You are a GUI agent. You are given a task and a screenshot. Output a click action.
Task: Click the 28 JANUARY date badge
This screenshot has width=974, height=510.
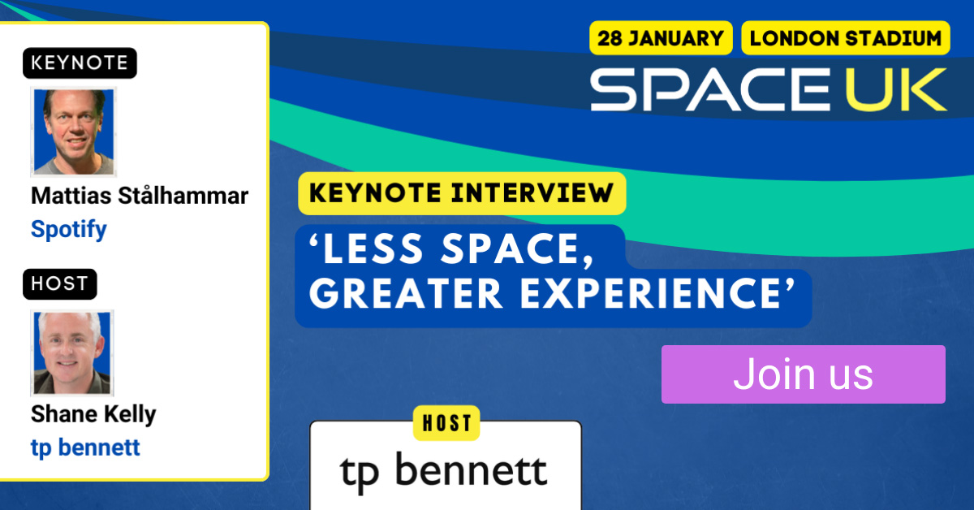(x=661, y=38)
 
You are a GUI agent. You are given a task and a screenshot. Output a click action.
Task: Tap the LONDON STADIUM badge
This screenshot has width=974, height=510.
(x=845, y=38)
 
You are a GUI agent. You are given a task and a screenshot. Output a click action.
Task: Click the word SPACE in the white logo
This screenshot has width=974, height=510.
(x=710, y=89)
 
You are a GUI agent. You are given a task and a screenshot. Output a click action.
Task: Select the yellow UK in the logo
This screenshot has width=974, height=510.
(x=896, y=89)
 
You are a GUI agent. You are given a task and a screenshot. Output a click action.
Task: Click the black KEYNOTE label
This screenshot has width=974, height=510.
(x=80, y=63)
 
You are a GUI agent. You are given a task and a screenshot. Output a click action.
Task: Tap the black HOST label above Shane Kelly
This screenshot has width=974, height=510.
(x=59, y=283)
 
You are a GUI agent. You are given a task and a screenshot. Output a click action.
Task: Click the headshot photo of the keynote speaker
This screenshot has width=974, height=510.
(x=74, y=132)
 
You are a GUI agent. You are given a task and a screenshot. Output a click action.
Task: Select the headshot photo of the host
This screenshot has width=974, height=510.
(x=71, y=352)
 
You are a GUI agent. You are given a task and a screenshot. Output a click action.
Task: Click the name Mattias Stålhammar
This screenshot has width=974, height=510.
(x=140, y=196)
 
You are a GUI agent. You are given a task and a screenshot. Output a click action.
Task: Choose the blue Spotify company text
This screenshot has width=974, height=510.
(x=69, y=229)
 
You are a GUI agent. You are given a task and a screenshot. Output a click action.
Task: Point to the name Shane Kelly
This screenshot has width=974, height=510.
(x=93, y=414)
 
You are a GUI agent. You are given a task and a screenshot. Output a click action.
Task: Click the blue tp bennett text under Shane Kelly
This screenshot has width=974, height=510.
(x=85, y=447)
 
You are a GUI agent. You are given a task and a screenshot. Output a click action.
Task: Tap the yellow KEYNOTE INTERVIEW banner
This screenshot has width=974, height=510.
(x=462, y=193)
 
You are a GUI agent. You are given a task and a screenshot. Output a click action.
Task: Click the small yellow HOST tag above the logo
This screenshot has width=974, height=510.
(x=446, y=423)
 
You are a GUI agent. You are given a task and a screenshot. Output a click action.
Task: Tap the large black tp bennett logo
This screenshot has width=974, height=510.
(x=443, y=472)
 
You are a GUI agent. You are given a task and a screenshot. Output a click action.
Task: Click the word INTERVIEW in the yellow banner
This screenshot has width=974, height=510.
(x=532, y=193)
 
